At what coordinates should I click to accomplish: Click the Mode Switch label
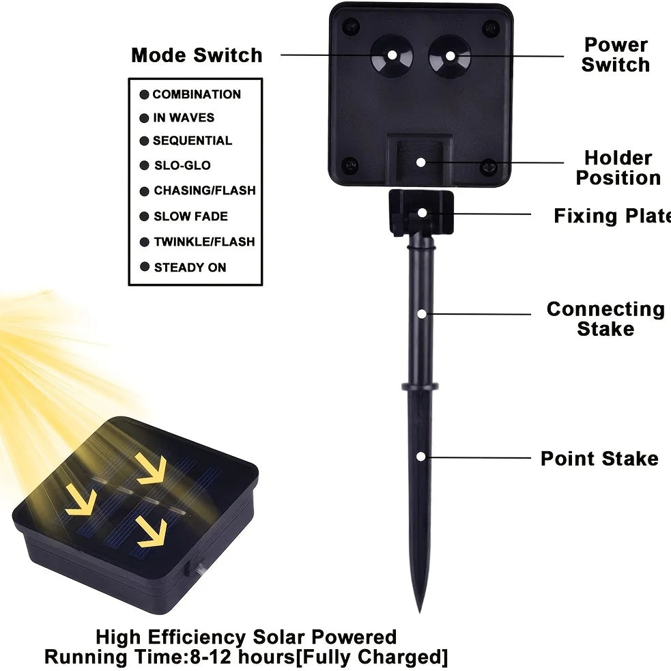click(x=197, y=55)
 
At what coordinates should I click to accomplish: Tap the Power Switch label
click(x=616, y=55)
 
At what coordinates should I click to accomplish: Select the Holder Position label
click(x=618, y=168)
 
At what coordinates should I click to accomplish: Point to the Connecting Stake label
click(x=605, y=319)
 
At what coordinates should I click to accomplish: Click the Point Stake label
click(x=599, y=458)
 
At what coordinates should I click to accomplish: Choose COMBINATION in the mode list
click(x=197, y=94)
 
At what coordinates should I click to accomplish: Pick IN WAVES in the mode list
click(x=184, y=117)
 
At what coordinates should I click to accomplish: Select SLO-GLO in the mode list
click(x=182, y=165)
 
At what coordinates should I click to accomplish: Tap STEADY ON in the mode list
click(x=190, y=267)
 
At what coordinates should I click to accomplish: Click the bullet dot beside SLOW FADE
click(x=144, y=216)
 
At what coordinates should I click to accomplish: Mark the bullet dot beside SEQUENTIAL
click(x=144, y=141)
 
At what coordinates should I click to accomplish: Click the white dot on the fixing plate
click(x=423, y=212)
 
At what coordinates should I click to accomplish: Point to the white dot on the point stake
click(x=423, y=455)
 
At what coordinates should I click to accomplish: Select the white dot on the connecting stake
click(x=423, y=314)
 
